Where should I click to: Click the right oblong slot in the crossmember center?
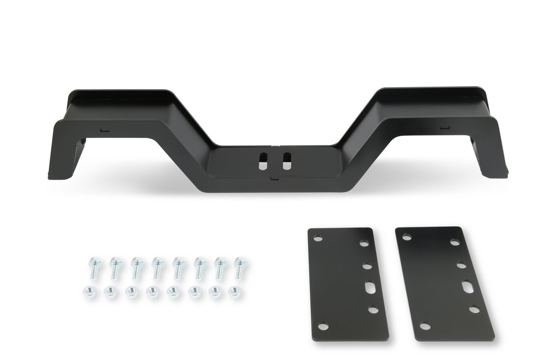click(x=286, y=161)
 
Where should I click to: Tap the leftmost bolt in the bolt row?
click(x=94, y=267)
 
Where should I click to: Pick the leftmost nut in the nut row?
click(x=87, y=291)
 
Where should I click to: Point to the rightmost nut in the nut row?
click(x=234, y=292)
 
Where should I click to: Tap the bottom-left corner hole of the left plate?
click(x=324, y=327)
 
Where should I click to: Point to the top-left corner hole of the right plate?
click(x=406, y=235)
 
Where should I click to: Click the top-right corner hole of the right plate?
click(x=453, y=243)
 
